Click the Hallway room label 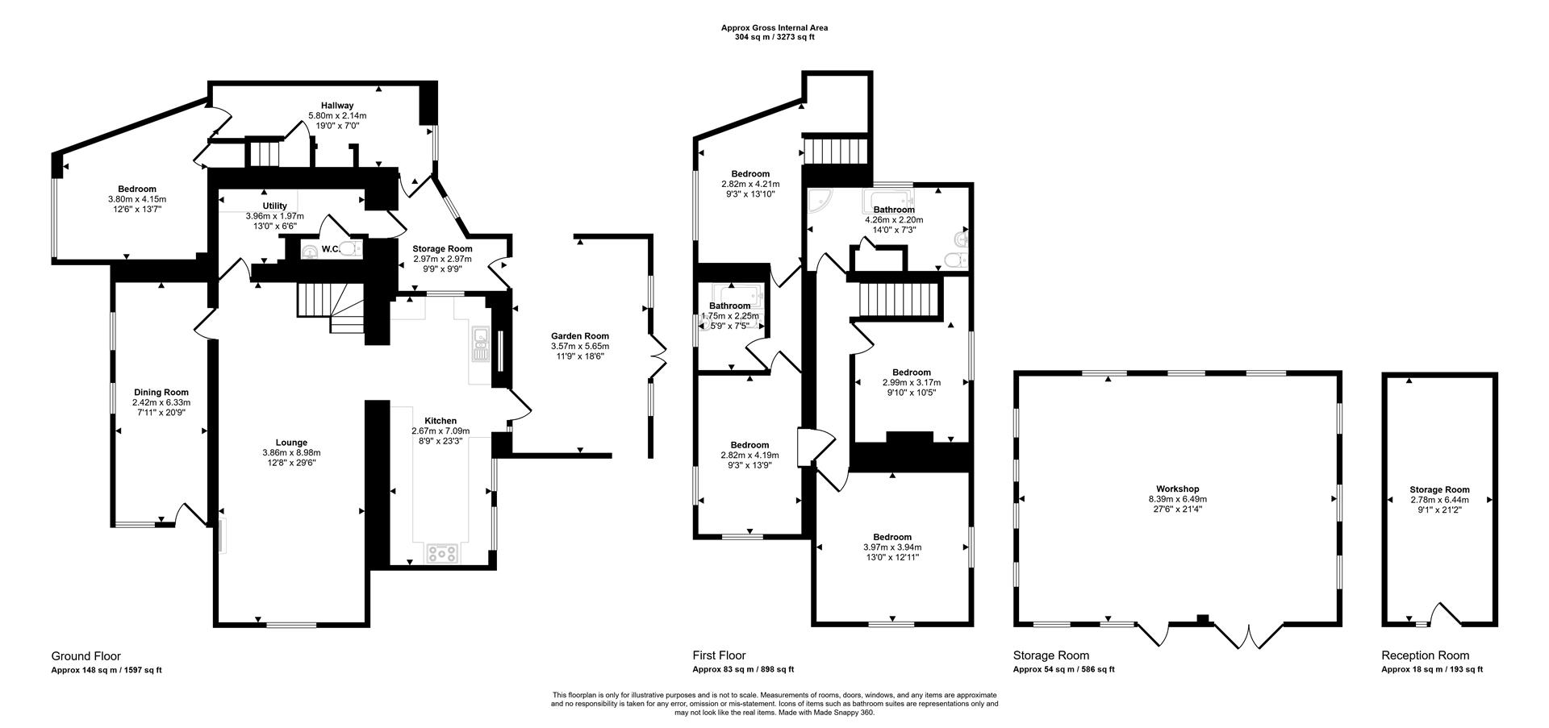(x=337, y=106)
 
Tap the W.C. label (x=330, y=249)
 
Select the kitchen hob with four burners (x=442, y=553)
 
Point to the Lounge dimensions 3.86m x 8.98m (x=291, y=453)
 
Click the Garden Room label (x=579, y=336)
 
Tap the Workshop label (x=1177, y=489)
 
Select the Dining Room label (x=161, y=393)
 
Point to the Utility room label (x=274, y=206)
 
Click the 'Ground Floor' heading (x=86, y=656)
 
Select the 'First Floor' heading (x=719, y=656)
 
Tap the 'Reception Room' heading (x=1425, y=656)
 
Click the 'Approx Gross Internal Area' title (x=774, y=28)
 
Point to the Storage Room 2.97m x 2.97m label (x=442, y=249)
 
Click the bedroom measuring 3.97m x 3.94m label (x=891, y=537)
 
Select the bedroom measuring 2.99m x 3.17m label (x=911, y=372)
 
